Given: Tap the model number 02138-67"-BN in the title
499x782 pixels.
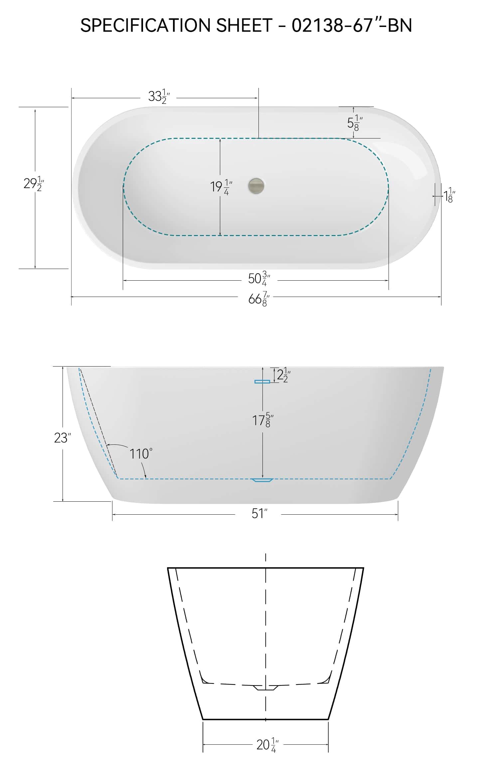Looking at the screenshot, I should tap(352, 25).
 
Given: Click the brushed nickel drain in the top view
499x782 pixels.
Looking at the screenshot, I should tap(256, 185).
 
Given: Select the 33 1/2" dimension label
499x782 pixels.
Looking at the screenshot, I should tap(159, 97).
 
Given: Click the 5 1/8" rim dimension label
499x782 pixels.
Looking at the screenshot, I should tap(355, 123).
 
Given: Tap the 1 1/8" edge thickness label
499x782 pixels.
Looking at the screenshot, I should tap(449, 195).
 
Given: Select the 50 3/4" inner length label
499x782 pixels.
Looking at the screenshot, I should tap(259, 278).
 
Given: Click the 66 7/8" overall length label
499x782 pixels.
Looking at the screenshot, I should tap(259, 299).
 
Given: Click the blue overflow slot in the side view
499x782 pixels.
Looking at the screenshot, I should tap(262, 382).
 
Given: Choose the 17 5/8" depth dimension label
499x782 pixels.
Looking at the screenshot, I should tap(263, 420).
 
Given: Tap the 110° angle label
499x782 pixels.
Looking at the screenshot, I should tap(141, 454).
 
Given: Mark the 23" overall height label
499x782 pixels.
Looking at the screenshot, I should tap(63, 438).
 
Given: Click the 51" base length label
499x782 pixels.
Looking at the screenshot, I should tap(259, 514).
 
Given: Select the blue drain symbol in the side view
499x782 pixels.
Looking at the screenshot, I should tap(262, 480).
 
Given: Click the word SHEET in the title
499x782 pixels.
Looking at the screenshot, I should tap(245, 25).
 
